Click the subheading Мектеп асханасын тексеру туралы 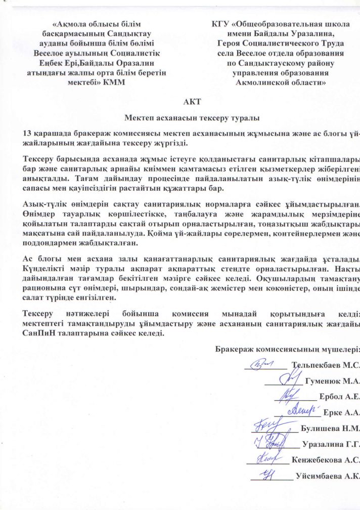click(x=192, y=119)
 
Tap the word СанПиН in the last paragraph click(x=36, y=334)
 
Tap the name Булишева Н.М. click(x=330, y=429)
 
